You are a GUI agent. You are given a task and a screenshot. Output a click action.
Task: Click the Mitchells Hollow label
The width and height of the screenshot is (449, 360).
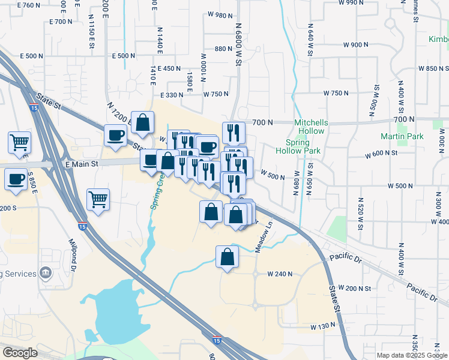click(x=310, y=127)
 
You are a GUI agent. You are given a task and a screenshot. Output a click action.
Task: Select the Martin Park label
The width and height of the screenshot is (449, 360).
click(x=402, y=136)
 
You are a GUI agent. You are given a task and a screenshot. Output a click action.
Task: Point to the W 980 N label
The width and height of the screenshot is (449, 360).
click(x=220, y=15)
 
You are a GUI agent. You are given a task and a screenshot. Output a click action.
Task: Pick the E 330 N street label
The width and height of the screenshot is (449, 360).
click(x=171, y=95)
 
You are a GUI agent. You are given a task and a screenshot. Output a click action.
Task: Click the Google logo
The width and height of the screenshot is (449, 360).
click(x=20, y=353)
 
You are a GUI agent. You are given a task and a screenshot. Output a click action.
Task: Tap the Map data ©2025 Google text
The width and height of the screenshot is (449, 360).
click(x=411, y=355)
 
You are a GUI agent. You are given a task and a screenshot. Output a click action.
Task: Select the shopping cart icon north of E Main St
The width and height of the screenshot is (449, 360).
click(x=19, y=142)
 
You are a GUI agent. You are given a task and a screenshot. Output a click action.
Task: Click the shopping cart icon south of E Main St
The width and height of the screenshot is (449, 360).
click(x=98, y=199)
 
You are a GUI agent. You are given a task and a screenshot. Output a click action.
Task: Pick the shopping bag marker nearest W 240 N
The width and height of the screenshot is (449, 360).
click(x=227, y=257)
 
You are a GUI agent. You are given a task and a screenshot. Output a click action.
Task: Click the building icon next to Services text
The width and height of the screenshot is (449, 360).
click(x=45, y=274)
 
